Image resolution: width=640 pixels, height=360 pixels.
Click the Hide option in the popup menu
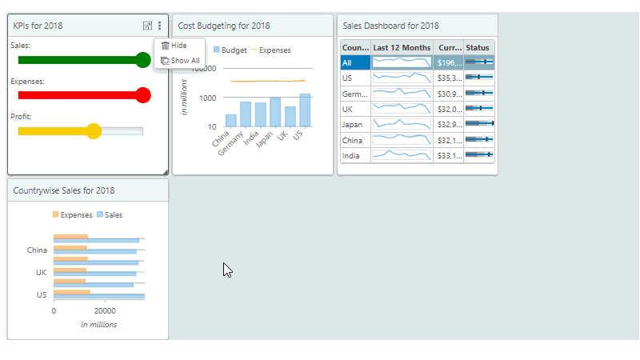click(x=178, y=46)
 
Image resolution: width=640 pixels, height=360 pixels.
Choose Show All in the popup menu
click(x=184, y=60)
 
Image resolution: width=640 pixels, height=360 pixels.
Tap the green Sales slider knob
click(x=143, y=60)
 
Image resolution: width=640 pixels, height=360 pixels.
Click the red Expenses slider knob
click(x=143, y=95)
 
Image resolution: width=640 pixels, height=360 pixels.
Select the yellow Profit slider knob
click(x=94, y=131)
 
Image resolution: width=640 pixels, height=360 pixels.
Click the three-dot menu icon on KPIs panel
click(x=159, y=26)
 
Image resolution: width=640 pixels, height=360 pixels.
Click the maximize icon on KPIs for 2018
click(x=146, y=26)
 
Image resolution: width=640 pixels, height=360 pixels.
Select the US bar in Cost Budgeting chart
click(x=305, y=110)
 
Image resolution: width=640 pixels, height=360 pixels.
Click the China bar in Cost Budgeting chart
click(x=230, y=120)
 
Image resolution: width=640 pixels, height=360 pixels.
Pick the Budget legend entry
click(x=230, y=50)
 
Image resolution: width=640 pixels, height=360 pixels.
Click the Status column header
click(x=478, y=48)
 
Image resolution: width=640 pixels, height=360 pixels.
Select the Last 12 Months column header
click(x=402, y=48)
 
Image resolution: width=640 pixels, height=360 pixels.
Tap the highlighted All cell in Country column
click(x=355, y=62)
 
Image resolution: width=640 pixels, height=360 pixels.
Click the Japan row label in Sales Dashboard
click(x=353, y=124)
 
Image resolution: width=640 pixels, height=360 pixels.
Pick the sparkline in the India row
click(x=402, y=155)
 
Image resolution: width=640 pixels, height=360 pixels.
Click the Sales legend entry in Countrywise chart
click(x=109, y=214)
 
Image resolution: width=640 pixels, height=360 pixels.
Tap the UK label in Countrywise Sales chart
click(x=41, y=272)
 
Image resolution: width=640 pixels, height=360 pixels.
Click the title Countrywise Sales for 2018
click(x=64, y=190)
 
